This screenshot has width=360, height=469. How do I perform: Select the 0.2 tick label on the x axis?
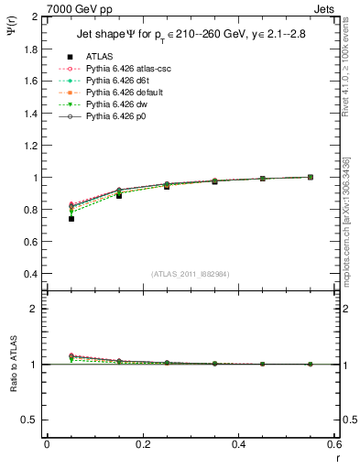[x=142, y=443]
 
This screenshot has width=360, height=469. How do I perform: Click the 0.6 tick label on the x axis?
[x=334, y=443]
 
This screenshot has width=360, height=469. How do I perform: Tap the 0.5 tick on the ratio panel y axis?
[x=29, y=420]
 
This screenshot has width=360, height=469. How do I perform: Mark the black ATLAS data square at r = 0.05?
[x=71, y=219]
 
